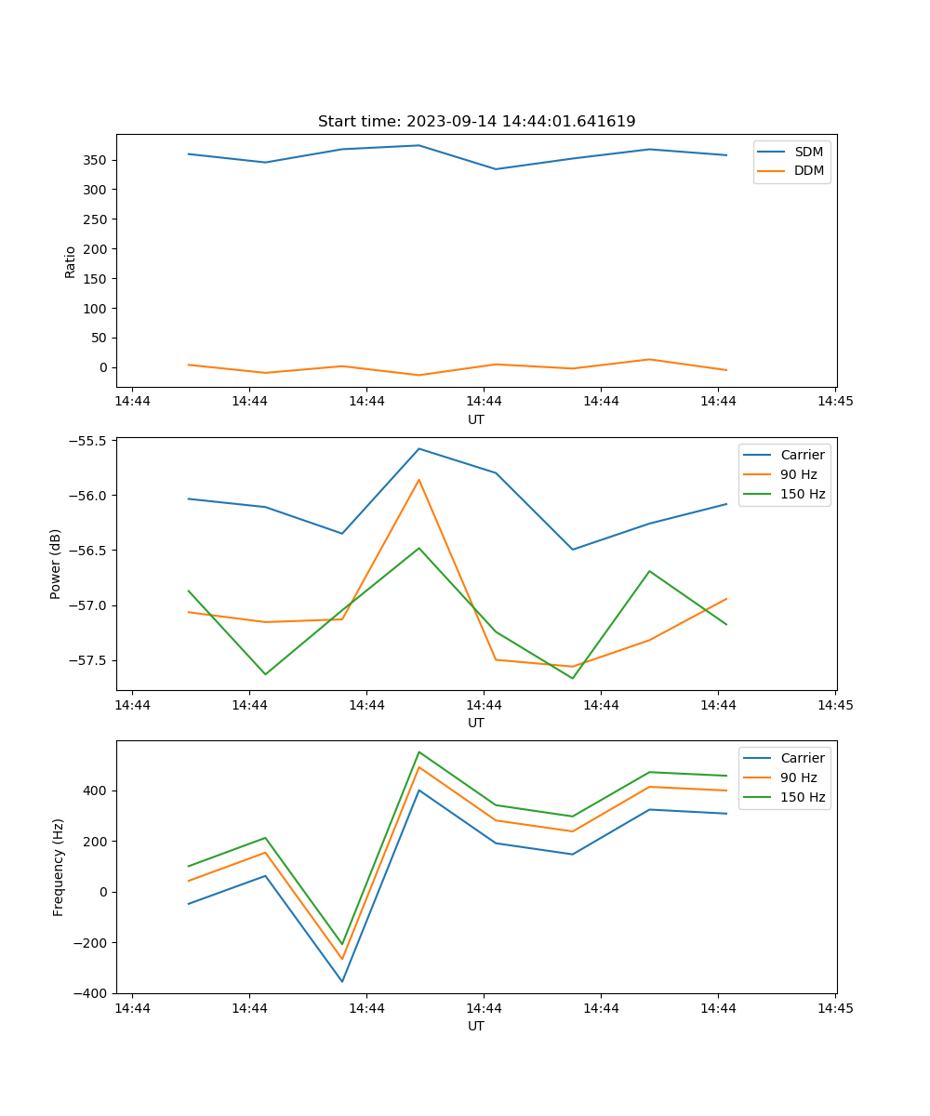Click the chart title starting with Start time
click(x=476, y=122)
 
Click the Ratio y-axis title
click(x=71, y=260)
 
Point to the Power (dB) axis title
click(x=56, y=564)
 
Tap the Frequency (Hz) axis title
click(x=59, y=867)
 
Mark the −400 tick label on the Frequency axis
click(x=91, y=993)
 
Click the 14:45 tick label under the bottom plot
click(x=835, y=1008)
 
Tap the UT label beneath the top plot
click(x=476, y=419)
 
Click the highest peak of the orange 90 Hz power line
click(x=418, y=480)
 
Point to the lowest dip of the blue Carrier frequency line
click(x=342, y=981)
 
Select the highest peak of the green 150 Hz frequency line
click(x=418, y=751)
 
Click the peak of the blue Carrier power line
click(x=418, y=448)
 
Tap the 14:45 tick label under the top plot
click(x=835, y=402)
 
